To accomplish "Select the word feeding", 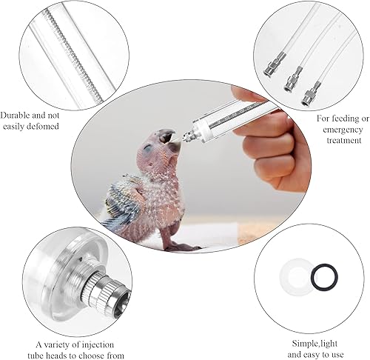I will [x=337, y=118].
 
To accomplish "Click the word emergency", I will [x=341, y=129].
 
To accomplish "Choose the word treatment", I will [x=341, y=140].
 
